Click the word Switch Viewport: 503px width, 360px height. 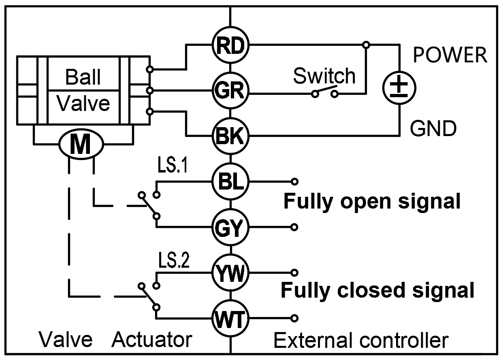click(x=324, y=76)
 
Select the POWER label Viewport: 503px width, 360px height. click(x=450, y=55)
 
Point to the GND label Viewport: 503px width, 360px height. click(x=433, y=129)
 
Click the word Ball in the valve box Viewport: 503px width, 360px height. click(x=83, y=77)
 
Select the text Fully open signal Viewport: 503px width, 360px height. click(x=371, y=201)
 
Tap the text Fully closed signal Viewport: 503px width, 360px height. click(x=377, y=290)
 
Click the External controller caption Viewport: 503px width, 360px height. click(x=361, y=340)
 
